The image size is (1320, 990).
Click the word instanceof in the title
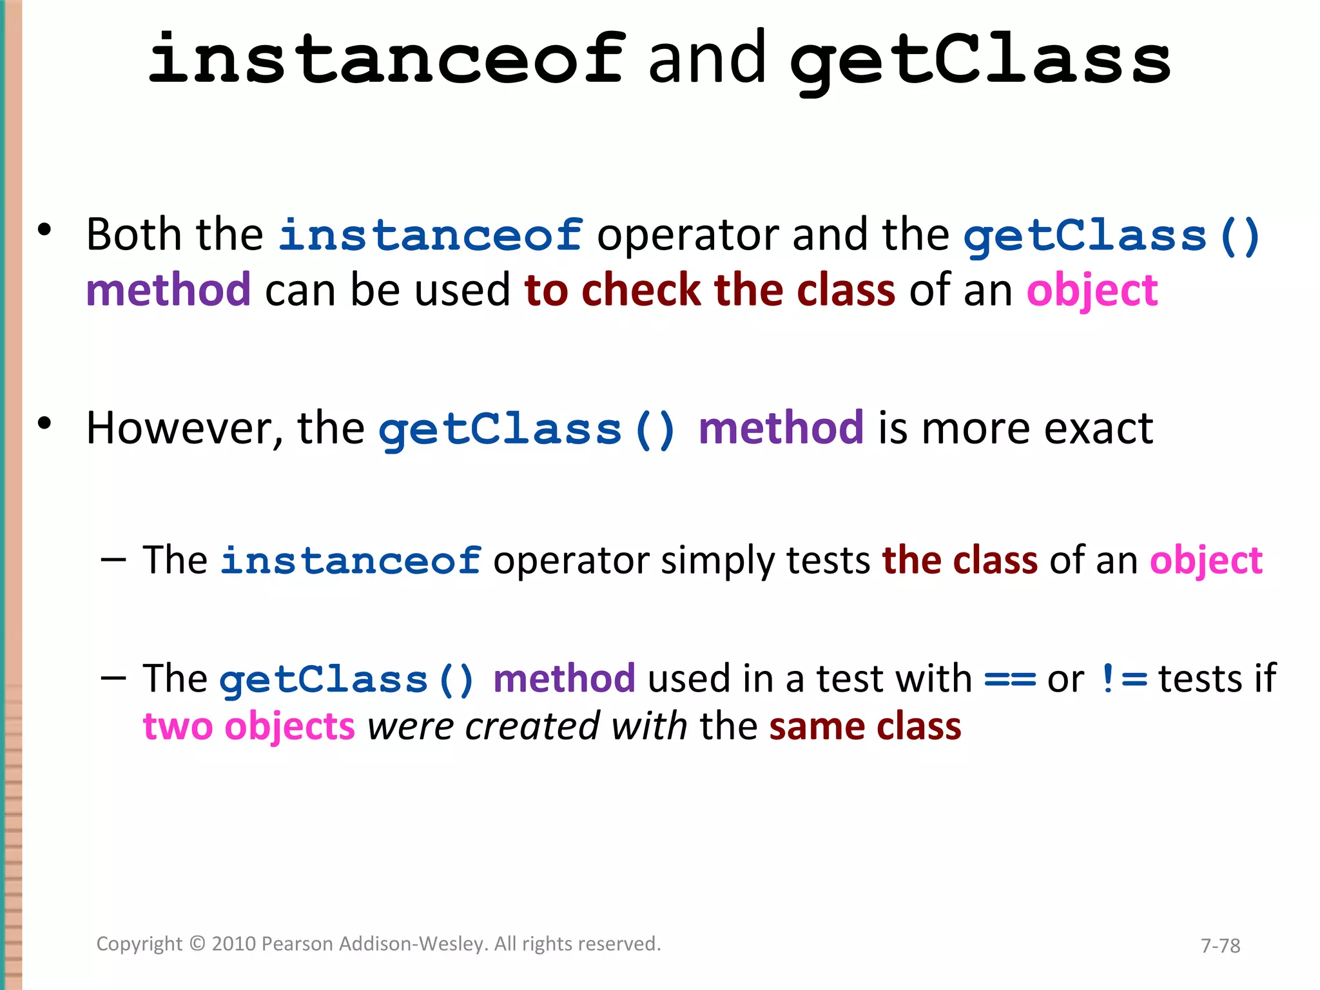pos(385,59)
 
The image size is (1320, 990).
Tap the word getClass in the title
pos(980,61)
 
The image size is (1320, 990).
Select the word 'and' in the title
pos(707,59)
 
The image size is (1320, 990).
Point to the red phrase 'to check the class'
pos(710,290)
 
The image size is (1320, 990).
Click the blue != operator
pos(1124,679)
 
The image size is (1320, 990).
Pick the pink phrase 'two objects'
pos(249,727)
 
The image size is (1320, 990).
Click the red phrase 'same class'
pos(865,727)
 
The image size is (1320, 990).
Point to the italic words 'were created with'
pos(527,727)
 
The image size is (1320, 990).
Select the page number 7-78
pos(1220,946)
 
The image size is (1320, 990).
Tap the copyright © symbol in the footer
pos(197,944)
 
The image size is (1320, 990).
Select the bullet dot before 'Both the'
pos(44,230)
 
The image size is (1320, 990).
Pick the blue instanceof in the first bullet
pos(431,235)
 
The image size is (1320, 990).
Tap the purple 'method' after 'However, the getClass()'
pos(781,429)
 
